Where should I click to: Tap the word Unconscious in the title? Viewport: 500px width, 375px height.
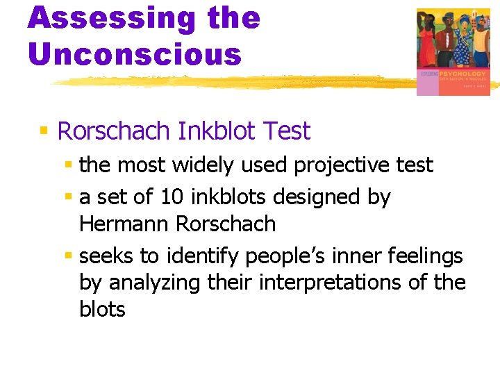tap(135, 53)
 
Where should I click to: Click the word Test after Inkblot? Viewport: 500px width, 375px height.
tap(287, 131)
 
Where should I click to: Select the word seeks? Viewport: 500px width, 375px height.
tap(106, 256)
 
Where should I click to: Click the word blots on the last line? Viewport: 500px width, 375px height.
tap(102, 309)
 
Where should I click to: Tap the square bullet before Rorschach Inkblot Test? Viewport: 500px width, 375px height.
tap(44, 131)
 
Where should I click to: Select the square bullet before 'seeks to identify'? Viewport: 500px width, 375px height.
tap(68, 256)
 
